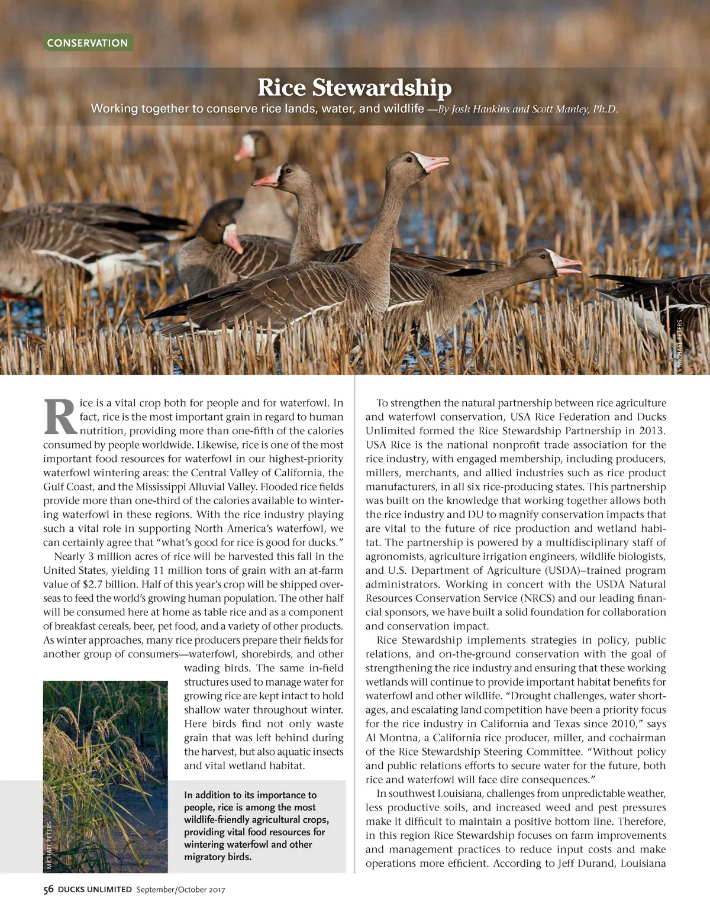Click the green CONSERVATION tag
click(x=88, y=43)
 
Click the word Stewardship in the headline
click(x=382, y=88)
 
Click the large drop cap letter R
click(x=60, y=417)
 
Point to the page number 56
click(x=49, y=889)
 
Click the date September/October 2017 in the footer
click(x=180, y=889)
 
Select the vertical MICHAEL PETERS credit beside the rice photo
click(x=49, y=844)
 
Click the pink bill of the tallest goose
click(x=435, y=163)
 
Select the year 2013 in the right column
click(x=652, y=431)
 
